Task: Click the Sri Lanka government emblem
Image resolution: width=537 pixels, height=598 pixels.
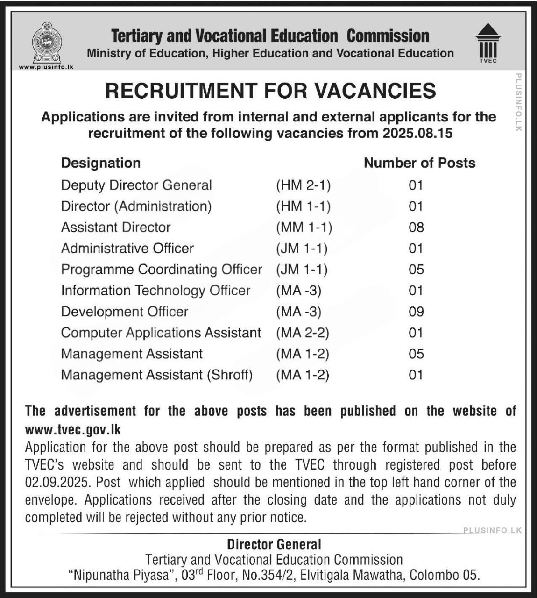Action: (x=46, y=43)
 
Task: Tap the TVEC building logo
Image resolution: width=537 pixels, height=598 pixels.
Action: (x=488, y=43)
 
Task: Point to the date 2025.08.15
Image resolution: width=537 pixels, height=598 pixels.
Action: (x=417, y=133)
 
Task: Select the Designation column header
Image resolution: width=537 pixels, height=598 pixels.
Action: (x=101, y=163)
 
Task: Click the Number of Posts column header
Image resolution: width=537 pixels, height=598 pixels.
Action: (x=419, y=163)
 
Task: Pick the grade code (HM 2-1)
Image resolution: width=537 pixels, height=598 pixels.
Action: (x=303, y=185)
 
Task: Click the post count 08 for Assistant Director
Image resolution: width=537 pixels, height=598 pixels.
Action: (x=416, y=228)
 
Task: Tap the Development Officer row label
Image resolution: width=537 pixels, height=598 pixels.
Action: (x=125, y=312)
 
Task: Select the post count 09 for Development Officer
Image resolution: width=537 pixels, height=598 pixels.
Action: (x=416, y=312)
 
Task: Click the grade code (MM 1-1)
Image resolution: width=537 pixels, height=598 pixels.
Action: (x=304, y=228)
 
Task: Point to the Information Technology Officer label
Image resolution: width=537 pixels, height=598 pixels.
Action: (x=155, y=291)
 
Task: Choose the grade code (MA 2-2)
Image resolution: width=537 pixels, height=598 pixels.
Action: (x=303, y=333)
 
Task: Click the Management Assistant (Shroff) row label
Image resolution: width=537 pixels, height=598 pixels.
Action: (x=156, y=375)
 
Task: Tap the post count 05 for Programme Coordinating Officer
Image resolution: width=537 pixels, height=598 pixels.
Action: (x=416, y=270)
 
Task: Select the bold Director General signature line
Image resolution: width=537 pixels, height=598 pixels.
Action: (x=274, y=544)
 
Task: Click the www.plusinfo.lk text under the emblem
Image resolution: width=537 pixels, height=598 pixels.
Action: (x=46, y=67)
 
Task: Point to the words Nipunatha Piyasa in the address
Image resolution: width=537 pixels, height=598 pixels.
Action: (x=120, y=575)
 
